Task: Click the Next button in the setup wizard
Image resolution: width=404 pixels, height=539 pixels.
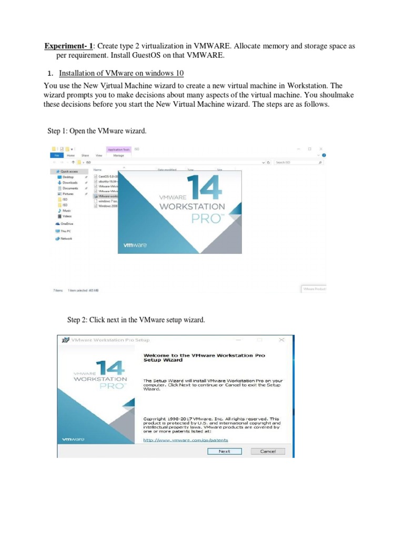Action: point(225,451)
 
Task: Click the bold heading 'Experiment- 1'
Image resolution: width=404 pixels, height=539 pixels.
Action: point(67,46)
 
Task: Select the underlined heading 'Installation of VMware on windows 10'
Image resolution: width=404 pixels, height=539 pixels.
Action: point(122,73)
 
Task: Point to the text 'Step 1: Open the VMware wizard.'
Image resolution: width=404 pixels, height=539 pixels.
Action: point(97,131)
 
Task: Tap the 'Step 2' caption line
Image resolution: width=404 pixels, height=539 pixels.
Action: point(136,320)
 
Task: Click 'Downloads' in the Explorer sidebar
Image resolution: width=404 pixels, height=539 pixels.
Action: point(69,183)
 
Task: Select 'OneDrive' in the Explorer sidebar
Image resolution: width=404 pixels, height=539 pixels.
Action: point(66,224)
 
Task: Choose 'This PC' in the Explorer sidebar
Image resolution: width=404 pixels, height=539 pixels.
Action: point(65,231)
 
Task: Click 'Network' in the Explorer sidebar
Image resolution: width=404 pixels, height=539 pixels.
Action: point(66,238)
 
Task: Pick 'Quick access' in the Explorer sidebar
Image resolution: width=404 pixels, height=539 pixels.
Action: point(69,171)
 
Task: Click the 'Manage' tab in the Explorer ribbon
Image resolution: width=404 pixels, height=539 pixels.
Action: point(118,156)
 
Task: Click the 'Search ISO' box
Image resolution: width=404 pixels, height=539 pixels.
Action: point(295,163)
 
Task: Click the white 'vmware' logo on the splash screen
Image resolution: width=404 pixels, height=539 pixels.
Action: point(135,245)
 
